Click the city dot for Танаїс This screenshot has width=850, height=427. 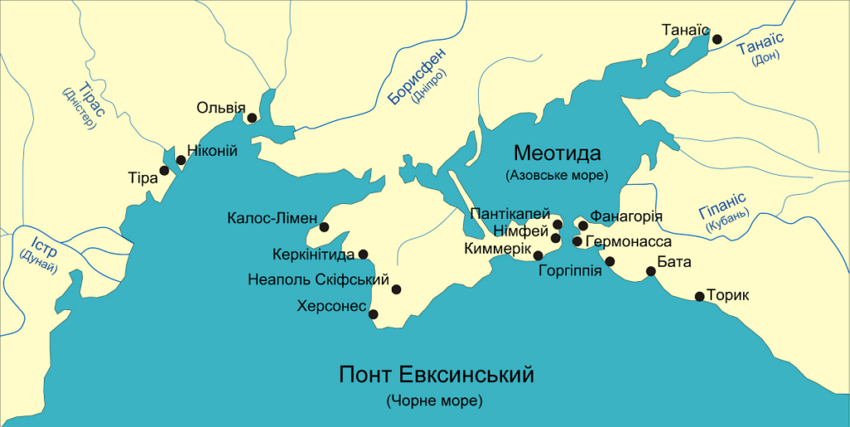click(718, 38)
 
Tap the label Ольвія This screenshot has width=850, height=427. click(221, 107)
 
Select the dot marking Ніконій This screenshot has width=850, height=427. click(181, 160)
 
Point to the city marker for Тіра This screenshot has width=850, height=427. click(164, 170)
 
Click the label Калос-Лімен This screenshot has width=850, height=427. click(271, 220)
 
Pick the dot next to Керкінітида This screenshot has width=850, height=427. click(363, 255)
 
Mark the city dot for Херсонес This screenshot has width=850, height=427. click(374, 314)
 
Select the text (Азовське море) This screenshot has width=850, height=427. click(556, 176)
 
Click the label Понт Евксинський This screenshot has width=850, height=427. click(437, 375)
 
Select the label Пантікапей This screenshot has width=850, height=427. click(510, 214)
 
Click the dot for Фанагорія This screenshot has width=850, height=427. click(584, 226)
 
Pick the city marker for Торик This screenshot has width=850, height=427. click(700, 296)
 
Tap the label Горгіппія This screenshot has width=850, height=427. click(569, 269)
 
